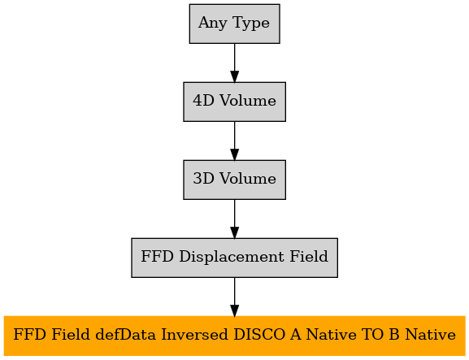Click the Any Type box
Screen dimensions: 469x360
click(234, 24)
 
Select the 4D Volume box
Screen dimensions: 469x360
click(234, 102)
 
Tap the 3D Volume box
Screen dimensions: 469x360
click(234, 180)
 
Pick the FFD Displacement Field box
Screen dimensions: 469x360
click(234, 258)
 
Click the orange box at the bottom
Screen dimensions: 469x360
click(234, 336)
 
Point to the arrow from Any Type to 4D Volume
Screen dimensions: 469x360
click(234, 63)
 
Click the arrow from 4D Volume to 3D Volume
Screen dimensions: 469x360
click(234, 141)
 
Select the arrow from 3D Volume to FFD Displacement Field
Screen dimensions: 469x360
click(234, 219)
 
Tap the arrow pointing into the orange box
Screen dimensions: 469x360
click(234, 297)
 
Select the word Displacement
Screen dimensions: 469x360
click(232, 257)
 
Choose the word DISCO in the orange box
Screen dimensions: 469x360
click(259, 334)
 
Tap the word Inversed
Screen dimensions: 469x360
click(194, 334)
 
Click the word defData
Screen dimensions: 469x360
click(126, 334)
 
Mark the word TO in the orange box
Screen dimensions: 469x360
click(372, 334)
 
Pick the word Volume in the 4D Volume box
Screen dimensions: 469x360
click(248, 101)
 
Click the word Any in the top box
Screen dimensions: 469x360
click(213, 24)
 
